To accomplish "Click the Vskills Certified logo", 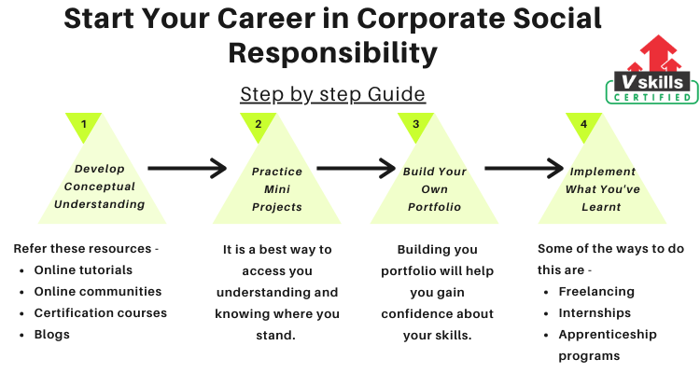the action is coord(651,70).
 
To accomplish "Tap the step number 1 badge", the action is coord(83,124).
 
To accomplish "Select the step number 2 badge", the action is coord(258,124).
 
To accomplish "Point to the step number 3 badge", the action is coord(415,124).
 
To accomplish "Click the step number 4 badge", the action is coord(583,124).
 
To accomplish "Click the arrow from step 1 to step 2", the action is coord(187,168).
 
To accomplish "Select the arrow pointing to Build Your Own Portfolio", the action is coord(356,168).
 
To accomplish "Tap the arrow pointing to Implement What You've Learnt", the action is coord(525,168).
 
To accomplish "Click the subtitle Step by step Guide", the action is coord(332,94).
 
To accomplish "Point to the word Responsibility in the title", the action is coord(332,53).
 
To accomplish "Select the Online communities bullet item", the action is coord(98,291).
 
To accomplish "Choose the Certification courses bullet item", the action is coord(101,312).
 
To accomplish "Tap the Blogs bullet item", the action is coord(51,335).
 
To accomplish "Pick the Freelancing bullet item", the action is coord(596,292).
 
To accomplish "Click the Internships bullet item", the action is coord(595,313).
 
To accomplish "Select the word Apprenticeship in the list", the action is coord(608,335).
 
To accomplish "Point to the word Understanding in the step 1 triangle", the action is coord(100,204).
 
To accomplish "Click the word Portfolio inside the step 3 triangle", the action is coord(434,207).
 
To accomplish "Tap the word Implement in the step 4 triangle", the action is coord(603,172).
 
